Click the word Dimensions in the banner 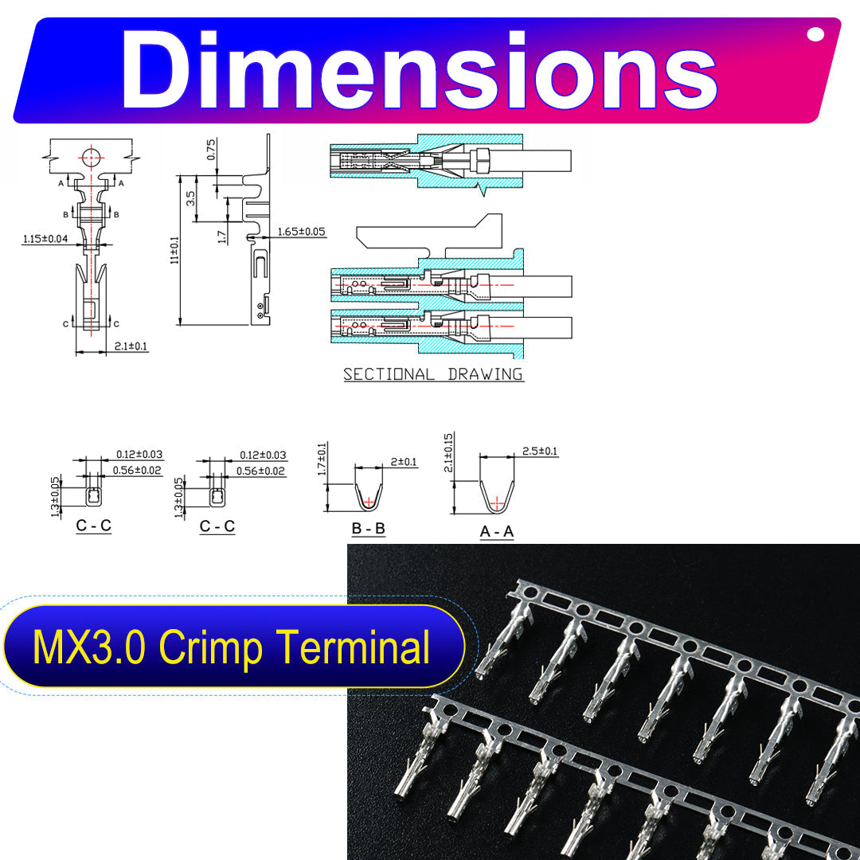coord(419,69)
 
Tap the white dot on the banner coord(815,34)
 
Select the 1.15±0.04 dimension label coord(45,239)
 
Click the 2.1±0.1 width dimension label coord(131,346)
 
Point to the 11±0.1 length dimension coord(174,250)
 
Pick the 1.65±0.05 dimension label coord(301,232)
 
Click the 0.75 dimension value coord(211,149)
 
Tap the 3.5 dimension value coord(190,198)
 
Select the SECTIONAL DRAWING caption coord(433,374)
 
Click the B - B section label coord(369,528)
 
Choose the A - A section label coord(497,531)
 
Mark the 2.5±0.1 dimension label coord(540,451)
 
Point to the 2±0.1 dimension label coord(404,462)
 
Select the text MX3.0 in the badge coord(89,647)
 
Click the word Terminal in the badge coord(353,647)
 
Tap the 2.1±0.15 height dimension coord(448,453)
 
